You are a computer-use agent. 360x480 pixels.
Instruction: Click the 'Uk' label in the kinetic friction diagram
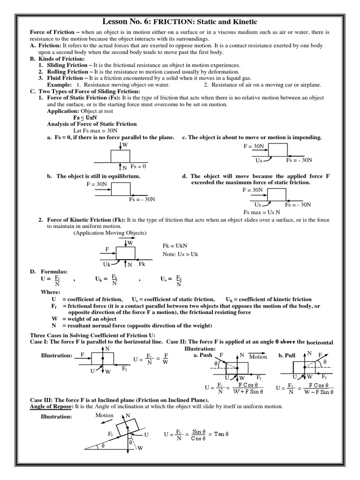tap(107, 265)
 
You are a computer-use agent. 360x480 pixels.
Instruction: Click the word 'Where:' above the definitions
tap(50, 292)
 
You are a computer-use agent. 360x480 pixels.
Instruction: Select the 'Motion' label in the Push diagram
tap(258, 357)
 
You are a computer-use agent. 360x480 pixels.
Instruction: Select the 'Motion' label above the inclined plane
tap(105, 416)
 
